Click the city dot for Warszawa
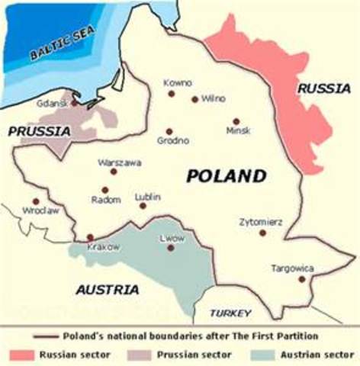coord(114,172)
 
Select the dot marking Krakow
coord(91,237)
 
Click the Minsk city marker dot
coord(236,121)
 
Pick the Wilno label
coord(214,99)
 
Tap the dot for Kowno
coord(171,93)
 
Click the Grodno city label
coord(173,140)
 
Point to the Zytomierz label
coord(261,222)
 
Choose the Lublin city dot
coord(143,205)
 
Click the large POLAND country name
coord(226,176)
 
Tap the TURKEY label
coord(231,313)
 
